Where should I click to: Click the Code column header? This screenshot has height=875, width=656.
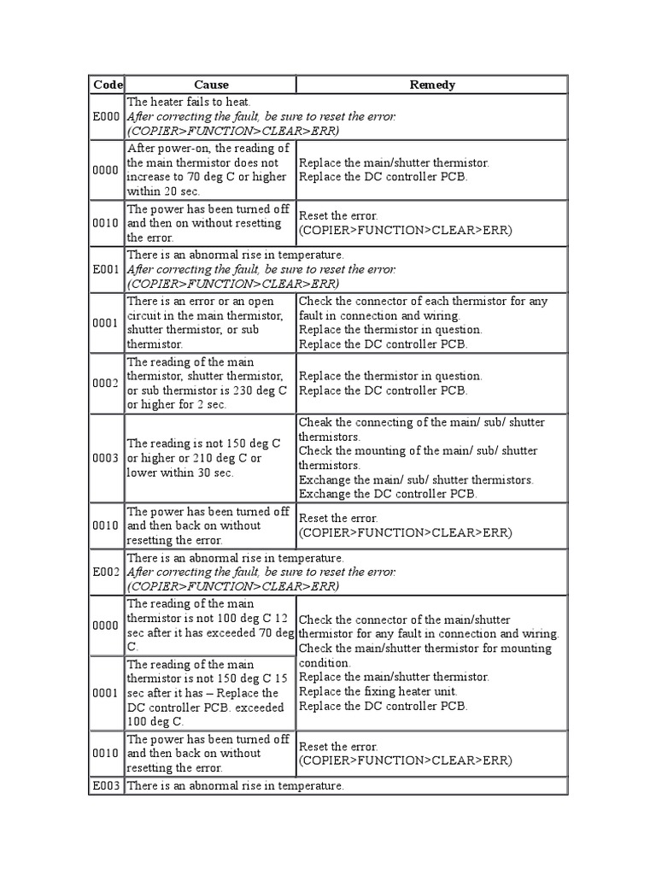(x=107, y=85)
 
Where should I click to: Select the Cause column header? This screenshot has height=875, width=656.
(x=211, y=85)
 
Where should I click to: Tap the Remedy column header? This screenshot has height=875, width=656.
(x=432, y=85)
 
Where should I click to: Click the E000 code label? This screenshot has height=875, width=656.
(x=107, y=116)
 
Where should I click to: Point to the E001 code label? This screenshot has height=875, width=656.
(x=107, y=269)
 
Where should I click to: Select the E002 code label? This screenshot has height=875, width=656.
(x=107, y=573)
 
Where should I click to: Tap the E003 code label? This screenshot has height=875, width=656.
(x=107, y=785)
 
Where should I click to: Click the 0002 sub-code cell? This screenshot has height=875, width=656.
(x=107, y=383)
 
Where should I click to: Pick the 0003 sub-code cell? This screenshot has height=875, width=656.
(x=107, y=458)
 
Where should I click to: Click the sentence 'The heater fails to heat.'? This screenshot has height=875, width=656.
(x=177, y=102)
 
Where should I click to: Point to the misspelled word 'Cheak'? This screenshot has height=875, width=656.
(x=314, y=422)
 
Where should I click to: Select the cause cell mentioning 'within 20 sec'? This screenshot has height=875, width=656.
(x=210, y=170)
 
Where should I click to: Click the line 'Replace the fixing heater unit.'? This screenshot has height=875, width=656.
(x=378, y=691)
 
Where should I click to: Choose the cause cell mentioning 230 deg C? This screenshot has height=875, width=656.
(x=210, y=383)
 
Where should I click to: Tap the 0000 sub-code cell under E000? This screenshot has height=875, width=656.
(x=107, y=170)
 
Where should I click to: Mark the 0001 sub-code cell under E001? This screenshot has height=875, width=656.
(x=107, y=323)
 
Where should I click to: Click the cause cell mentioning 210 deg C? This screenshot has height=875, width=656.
(x=210, y=458)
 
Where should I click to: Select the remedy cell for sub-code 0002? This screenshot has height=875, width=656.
(x=432, y=383)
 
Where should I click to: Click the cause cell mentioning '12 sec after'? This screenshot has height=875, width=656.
(x=210, y=625)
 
